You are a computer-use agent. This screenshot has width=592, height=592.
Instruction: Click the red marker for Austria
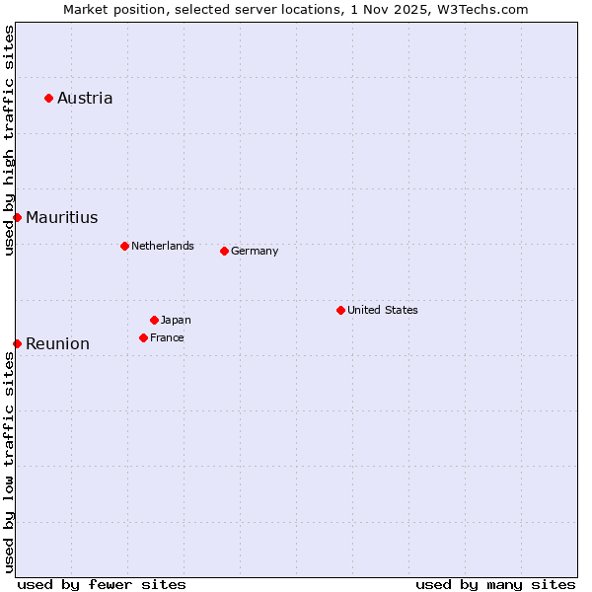[48, 98]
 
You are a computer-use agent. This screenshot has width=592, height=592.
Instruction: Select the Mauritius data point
[17, 217]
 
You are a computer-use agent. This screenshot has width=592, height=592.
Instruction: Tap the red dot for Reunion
[17, 343]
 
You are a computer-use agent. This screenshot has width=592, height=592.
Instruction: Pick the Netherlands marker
[124, 246]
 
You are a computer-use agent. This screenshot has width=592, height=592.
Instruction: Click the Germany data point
[224, 251]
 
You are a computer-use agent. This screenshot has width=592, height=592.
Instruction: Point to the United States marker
[340, 310]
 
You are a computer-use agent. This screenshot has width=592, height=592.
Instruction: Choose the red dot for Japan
[154, 320]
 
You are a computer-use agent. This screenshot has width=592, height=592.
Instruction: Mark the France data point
[143, 337]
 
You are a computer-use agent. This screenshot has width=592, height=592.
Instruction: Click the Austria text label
[85, 98]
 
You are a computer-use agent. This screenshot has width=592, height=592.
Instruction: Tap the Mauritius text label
[61, 217]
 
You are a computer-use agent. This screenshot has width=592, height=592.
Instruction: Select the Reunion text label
[57, 343]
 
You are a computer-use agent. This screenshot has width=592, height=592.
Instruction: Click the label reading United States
[383, 310]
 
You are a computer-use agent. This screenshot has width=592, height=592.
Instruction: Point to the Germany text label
[255, 251]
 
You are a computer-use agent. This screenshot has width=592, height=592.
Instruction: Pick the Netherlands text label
[163, 246]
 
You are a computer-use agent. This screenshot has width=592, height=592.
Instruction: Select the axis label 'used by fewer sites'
[102, 584]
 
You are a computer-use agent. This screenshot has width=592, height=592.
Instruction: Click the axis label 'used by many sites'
[495, 584]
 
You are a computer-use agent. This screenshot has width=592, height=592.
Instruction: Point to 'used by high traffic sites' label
[9, 140]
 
